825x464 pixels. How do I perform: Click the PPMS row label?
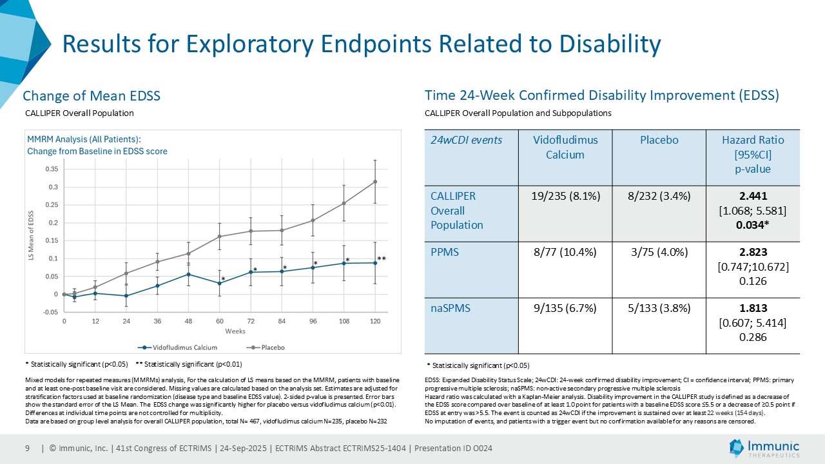[x=445, y=252]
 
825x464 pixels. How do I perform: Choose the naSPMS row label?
[x=449, y=309]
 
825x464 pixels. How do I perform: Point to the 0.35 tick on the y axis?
[x=51, y=169]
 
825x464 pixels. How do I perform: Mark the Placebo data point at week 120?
[x=375, y=182]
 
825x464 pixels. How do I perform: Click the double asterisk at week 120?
[x=382, y=259]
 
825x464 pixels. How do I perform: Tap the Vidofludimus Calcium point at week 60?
[x=220, y=284]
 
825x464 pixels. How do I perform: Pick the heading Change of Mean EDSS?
[x=92, y=96]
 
